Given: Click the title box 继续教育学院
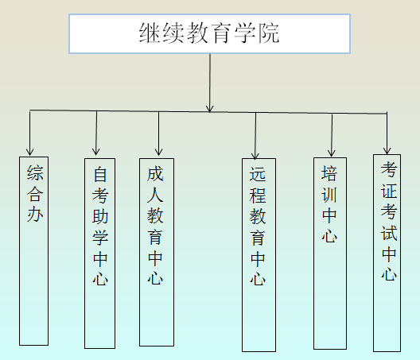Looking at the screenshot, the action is [209, 33].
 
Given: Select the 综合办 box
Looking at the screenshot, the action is [33, 251].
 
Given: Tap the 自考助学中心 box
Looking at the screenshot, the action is [100, 254].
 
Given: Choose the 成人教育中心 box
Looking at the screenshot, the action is [157, 252].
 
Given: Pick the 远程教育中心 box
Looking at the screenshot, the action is [259, 255].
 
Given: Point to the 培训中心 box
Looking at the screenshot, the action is [330, 254].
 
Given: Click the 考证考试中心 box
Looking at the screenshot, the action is [387, 253].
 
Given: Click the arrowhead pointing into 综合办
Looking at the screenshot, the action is [29, 152].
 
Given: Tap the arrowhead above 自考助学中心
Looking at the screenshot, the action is [96, 151].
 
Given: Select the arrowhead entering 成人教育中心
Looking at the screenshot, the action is [158, 152].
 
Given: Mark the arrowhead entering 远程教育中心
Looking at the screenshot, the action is [255, 156].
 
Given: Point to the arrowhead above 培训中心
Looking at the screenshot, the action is [332, 153].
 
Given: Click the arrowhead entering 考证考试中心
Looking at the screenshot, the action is [387, 150].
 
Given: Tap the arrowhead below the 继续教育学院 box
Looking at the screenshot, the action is [210, 108].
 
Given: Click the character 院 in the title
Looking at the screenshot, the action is [268, 33].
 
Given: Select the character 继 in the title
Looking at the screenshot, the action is [150, 33].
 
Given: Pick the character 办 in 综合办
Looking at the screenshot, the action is [35, 214].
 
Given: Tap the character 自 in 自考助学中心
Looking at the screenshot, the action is [100, 174].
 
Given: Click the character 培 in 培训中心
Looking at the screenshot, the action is [329, 173].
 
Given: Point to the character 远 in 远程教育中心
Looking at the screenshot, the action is [258, 174].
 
